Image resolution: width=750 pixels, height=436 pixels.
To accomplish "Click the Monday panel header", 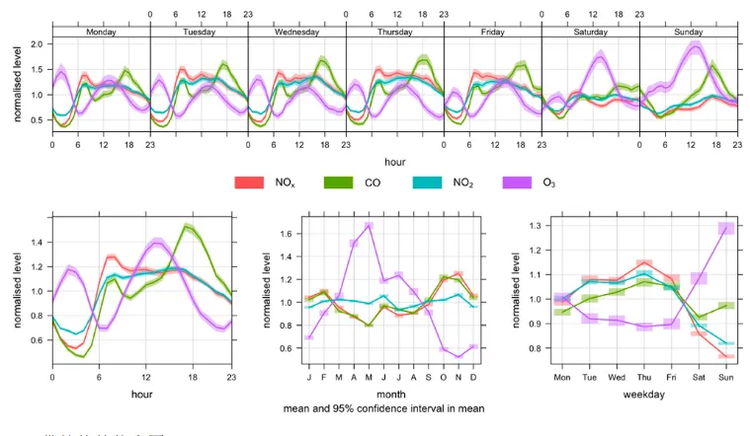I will tap(101, 32).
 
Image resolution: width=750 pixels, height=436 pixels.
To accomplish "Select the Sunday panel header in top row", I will tap(689, 32).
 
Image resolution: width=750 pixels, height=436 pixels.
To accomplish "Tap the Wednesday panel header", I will tap(296, 32).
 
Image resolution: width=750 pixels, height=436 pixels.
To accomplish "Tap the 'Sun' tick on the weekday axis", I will tap(726, 378).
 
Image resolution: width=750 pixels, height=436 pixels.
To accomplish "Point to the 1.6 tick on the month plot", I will tap(288, 234).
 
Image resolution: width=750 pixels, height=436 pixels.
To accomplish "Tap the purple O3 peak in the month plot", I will tap(369, 226).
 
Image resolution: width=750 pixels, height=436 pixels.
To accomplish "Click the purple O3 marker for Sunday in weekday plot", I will tap(726, 229).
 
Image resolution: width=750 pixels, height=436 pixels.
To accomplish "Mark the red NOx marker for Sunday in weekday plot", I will tap(726, 356).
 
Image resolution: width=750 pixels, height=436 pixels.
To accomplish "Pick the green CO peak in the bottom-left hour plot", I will tap(187, 227).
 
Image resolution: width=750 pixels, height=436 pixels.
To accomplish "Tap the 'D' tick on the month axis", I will tap(474, 378).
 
